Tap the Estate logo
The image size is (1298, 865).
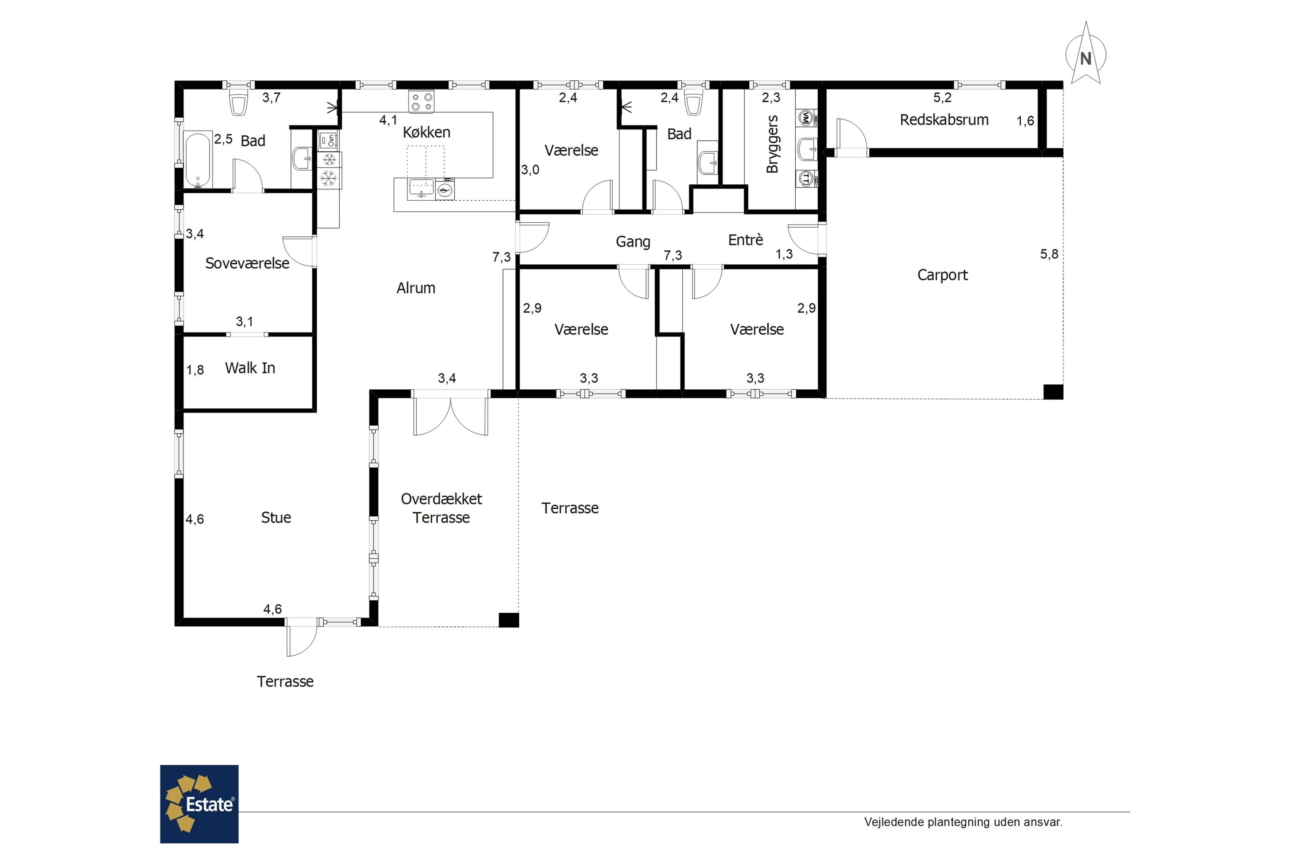[x=199, y=804]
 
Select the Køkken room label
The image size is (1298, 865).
[x=427, y=132]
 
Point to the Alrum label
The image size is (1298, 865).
[x=415, y=288]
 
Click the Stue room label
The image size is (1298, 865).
[x=276, y=517]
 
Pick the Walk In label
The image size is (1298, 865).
[x=250, y=368]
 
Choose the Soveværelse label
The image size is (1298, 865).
[x=247, y=263]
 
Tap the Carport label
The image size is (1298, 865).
[x=943, y=275]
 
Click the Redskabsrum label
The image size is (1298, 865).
[x=944, y=120]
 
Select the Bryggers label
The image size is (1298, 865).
[x=772, y=144]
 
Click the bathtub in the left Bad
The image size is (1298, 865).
[x=198, y=160]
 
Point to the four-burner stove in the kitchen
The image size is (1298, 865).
[x=421, y=102]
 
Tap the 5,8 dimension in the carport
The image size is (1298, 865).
[x=1049, y=254]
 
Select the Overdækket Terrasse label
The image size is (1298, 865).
[x=441, y=508]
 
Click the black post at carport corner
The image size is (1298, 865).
[x=1053, y=392]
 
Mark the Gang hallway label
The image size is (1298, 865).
[x=633, y=242]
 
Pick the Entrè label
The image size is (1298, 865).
[x=745, y=240]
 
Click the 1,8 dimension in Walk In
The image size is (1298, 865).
[x=195, y=370]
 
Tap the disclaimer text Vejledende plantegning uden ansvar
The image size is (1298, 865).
[x=963, y=822]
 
